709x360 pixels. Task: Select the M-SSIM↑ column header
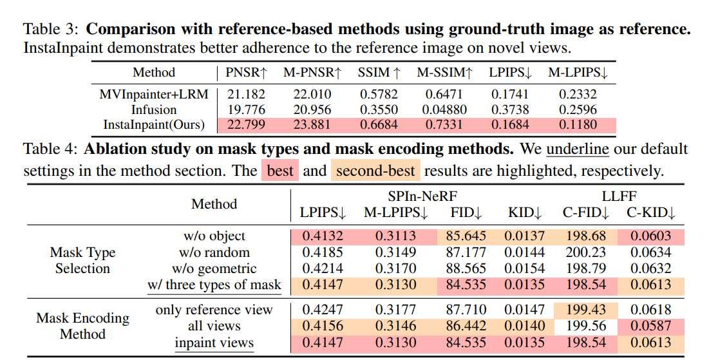[x=444, y=73]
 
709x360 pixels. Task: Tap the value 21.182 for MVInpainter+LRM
[x=246, y=94]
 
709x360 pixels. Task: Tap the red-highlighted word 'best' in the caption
[x=280, y=171]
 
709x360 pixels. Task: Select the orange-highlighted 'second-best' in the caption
[x=377, y=171]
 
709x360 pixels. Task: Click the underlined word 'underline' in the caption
[x=577, y=149]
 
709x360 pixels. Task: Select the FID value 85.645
[x=466, y=236]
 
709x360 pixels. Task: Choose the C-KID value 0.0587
[x=650, y=327]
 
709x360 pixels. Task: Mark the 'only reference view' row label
[x=214, y=310]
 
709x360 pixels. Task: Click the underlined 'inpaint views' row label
[x=214, y=343]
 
